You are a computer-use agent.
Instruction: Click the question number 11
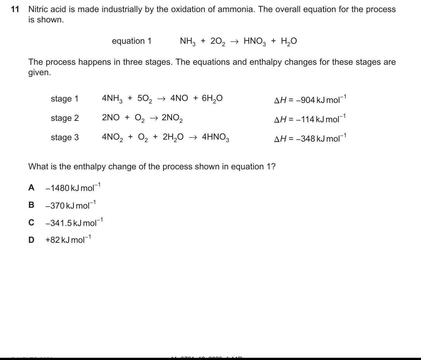pos(15,9)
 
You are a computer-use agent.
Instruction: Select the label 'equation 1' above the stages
pos(132,41)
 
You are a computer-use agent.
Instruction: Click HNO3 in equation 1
pos(255,41)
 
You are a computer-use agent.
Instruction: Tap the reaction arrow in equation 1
pos(234,41)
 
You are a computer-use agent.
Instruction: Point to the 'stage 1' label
pos(65,99)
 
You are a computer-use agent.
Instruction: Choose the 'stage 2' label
pos(65,118)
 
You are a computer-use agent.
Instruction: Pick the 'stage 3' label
pos(65,137)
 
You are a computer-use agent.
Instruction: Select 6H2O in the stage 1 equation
pos(212,99)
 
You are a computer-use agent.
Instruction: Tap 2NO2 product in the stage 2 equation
pos(172,118)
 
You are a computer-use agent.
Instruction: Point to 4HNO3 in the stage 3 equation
pos(216,137)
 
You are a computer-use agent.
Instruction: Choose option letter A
pos(31,187)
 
